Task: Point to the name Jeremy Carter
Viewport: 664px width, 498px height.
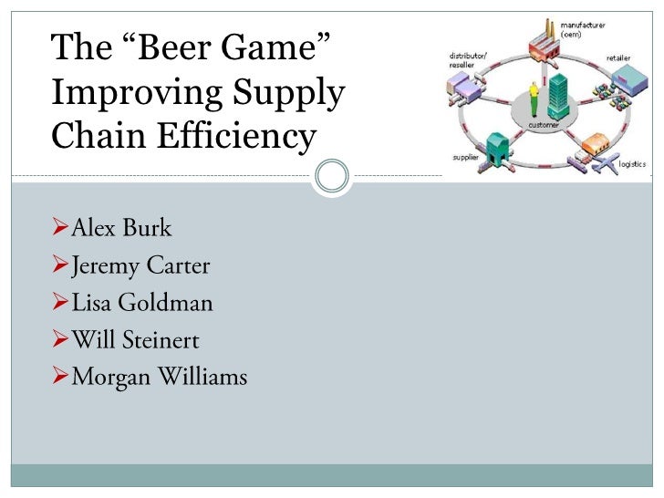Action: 140,265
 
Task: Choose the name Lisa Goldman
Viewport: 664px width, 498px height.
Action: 141,303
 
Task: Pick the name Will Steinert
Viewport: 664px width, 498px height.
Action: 135,340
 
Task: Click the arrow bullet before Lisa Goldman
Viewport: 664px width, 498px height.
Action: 60,304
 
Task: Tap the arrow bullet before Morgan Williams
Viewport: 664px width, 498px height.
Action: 60,378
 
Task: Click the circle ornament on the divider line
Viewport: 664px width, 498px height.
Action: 331,174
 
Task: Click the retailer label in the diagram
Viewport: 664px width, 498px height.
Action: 619,57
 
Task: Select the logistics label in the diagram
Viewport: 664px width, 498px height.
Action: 631,164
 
